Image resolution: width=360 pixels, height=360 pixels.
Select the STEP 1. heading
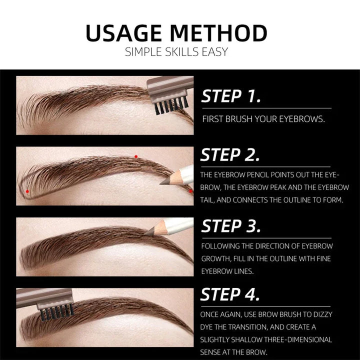click(x=231, y=96)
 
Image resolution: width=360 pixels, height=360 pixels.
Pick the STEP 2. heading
click(x=230, y=155)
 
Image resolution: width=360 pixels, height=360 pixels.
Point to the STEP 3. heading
click(x=231, y=226)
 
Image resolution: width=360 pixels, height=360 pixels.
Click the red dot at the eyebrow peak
click(x=135, y=156)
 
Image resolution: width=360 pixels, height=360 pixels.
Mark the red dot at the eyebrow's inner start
click(x=27, y=191)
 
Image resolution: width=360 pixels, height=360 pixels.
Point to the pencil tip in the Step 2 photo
click(x=163, y=183)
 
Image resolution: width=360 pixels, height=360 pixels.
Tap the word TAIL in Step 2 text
click(x=208, y=200)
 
